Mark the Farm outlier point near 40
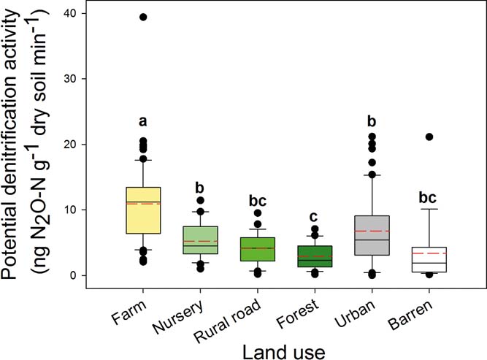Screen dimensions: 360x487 (143, 17)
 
